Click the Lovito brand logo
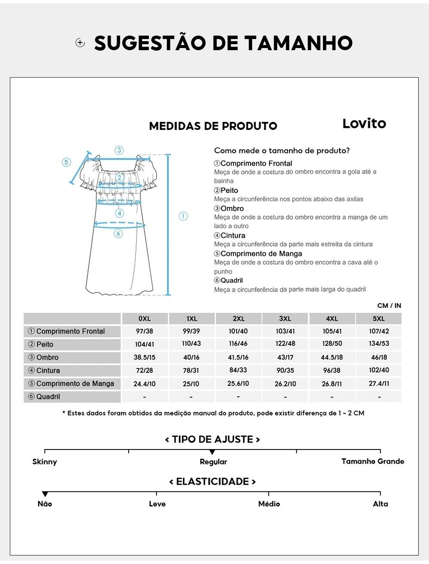[x=364, y=124]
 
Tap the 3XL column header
[x=285, y=319]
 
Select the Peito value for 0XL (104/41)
[x=145, y=344]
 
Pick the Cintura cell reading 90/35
[x=285, y=371]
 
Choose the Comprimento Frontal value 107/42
[x=379, y=331]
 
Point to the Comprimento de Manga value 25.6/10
[x=238, y=383]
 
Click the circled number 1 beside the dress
[x=183, y=216]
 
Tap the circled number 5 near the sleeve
[x=66, y=162]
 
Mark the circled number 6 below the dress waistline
[x=118, y=233]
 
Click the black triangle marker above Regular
[x=212, y=452]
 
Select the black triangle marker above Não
[x=45, y=494]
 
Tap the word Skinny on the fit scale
[x=45, y=462]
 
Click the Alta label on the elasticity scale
[x=380, y=504]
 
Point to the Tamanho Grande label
[x=372, y=461]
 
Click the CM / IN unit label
[x=389, y=306]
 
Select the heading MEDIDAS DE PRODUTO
[x=213, y=126]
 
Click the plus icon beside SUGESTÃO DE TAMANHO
[x=80, y=42]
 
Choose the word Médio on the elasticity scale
[x=269, y=504]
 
